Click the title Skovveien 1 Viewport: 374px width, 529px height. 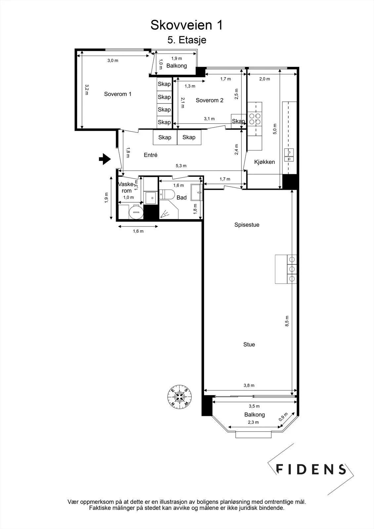coord(187,25)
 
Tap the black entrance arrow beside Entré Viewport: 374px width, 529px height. coord(105,159)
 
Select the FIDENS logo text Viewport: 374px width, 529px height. coord(311,469)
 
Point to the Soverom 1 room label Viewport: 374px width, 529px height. coord(118,94)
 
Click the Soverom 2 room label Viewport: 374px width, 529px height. coord(209,101)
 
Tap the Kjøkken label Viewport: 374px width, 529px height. coord(264,162)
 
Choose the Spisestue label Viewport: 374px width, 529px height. coord(247,225)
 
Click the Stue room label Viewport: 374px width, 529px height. coord(249,345)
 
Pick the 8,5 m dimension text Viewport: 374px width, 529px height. coord(287,321)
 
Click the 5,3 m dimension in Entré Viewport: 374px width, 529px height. coord(181,166)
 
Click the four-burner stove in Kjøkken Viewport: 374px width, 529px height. coord(255,119)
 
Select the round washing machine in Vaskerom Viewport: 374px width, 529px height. coord(136,212)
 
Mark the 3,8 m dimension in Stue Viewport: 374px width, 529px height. coord(249,386)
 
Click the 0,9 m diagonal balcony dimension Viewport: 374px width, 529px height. coord(283,417)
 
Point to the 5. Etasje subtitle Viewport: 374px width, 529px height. coord(187,40)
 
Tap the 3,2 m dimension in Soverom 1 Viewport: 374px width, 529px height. coord(87,90)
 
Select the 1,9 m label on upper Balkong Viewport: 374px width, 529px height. coord(177,58)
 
